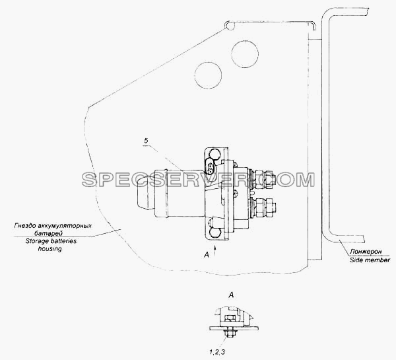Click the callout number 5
pos(146,141)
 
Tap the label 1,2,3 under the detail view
pos(216,351)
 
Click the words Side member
pos(370,260)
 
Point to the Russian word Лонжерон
pos(366,252)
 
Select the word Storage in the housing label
pos(34,241)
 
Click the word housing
pos(49,249)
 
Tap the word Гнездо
pos(23,225)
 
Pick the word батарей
pos(48,233)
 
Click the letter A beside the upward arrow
pos(207,256)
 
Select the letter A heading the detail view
pos(231,295)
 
